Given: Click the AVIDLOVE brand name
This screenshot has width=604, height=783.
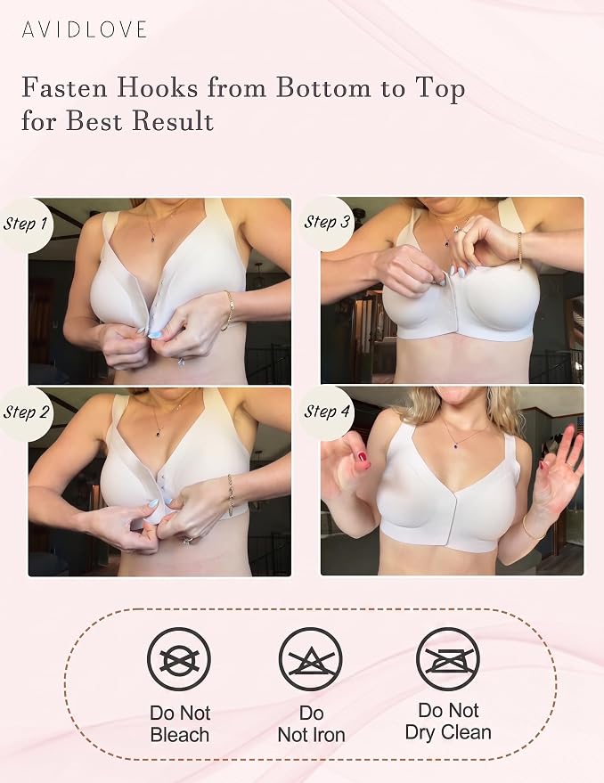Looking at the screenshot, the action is point(84,29).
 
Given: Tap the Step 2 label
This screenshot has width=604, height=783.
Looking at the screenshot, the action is point(26,412).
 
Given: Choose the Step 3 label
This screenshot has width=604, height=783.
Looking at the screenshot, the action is point(327,222).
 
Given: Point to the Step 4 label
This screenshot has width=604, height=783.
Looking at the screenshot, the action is point(327,412).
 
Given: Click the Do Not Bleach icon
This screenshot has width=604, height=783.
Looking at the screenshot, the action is point(179,659).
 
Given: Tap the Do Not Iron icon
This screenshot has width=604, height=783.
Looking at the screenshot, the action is point(311,659).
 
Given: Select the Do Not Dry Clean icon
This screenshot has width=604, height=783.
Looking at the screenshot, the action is point(447,659).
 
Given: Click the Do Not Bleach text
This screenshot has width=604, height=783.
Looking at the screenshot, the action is point(180,723).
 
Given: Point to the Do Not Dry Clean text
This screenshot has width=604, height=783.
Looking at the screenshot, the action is point(448,721).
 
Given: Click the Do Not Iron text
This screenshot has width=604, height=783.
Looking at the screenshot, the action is point(311,723).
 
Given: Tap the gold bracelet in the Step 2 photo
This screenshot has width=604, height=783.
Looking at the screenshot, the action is point(230,494).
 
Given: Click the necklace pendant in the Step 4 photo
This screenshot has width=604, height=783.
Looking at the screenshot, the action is point(454,449).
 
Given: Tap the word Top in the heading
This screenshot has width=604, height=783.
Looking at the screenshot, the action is point(437,89).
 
